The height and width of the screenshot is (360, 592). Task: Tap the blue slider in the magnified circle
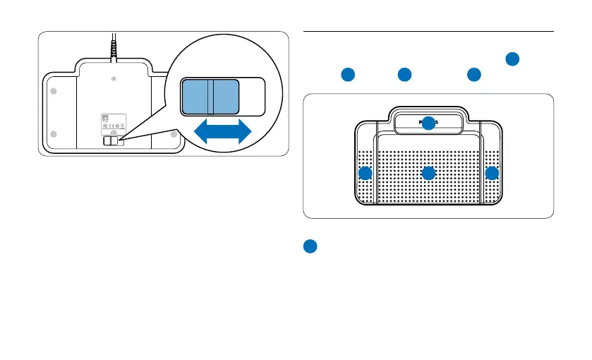(x=210, y=96)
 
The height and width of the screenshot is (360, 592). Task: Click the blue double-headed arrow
(x=223, y=132)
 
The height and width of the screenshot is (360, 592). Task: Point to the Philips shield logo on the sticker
(x=107, y=119)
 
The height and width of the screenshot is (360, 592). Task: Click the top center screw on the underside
(x=114, y=79)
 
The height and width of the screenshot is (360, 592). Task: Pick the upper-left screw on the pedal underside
(x=54, y=90)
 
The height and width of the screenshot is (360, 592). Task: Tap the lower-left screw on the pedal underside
(x=54, y=134)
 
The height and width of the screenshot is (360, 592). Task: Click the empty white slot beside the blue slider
(x=252, y=96)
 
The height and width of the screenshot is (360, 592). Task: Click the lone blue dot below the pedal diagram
(x=310, y=246)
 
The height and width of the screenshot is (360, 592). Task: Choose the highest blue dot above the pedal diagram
(x=513, y=59)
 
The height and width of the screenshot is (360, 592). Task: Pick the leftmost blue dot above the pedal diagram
(x=346, y=74)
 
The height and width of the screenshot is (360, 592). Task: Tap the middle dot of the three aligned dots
(x=404, y=74)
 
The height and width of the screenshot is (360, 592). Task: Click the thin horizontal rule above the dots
(x=428, y=31)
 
